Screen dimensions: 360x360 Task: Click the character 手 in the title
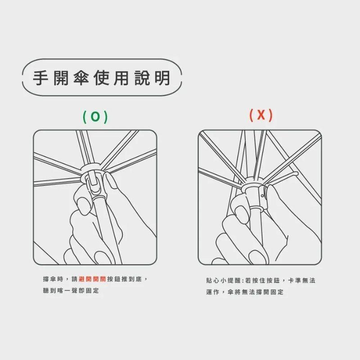click(x=40, y=78)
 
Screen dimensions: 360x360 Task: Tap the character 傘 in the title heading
click(x=81, y=78)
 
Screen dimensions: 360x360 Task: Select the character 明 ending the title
click(x=162, y=78)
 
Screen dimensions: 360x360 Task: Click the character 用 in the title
click(x=121, y=78)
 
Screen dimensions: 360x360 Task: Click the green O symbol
click(x=95, y=117)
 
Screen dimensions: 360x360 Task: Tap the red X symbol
click(x=261, y=115)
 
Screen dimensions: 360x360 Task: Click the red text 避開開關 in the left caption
click(x=92, y=279)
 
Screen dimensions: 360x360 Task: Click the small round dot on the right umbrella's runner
click(x=262, y=196)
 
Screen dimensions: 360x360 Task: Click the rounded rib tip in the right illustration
click(x=296, y=174)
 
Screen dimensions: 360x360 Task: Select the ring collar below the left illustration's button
click(x=99, y=198)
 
